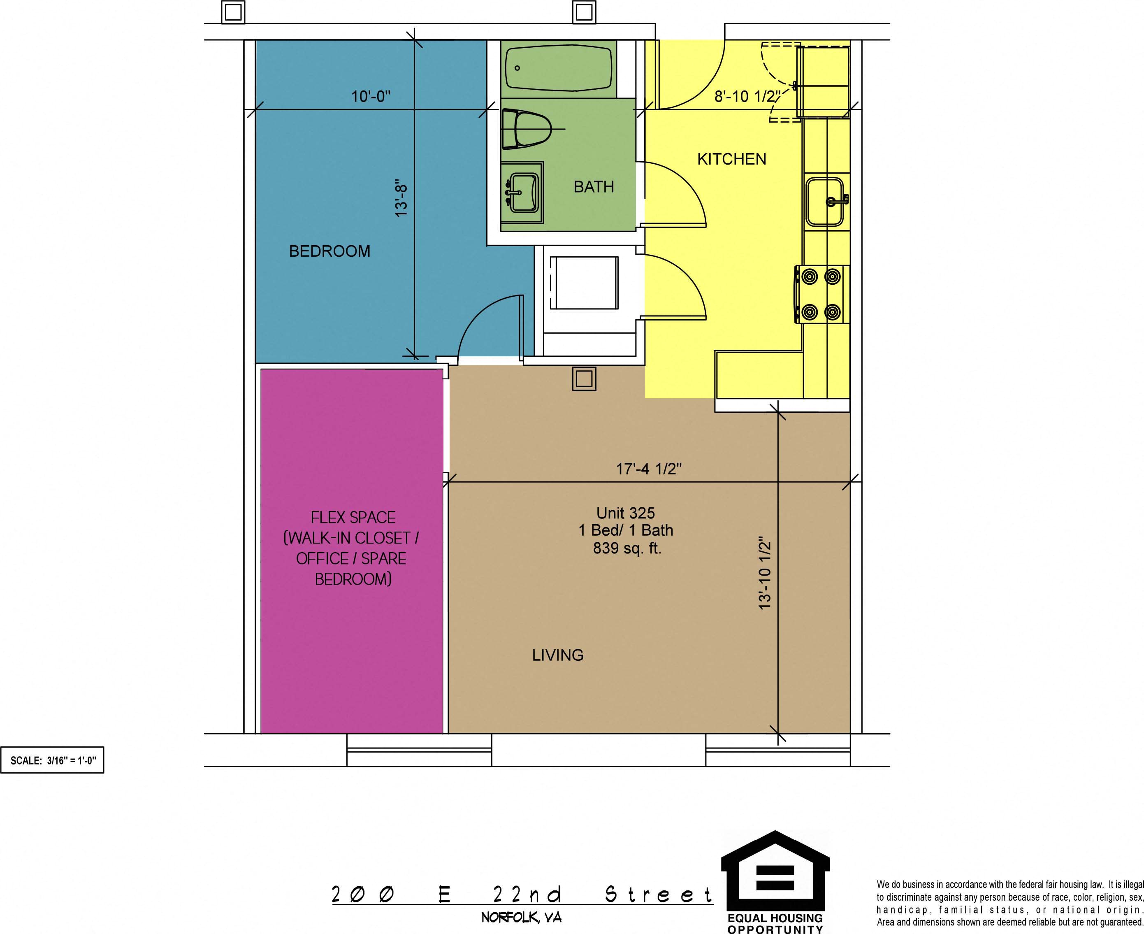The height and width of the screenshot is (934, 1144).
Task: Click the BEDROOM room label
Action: coord(330,251)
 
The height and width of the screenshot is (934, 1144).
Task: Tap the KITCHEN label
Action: coord(731,159)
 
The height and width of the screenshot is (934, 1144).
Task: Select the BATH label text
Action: coord(594,187)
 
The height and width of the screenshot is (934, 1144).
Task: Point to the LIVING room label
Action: coord(558,655)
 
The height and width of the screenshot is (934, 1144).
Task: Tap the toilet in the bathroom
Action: coord(527,129)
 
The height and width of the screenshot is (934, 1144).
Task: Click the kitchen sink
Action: coord(825,201)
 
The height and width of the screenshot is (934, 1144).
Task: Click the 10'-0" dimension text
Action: coord(371,97)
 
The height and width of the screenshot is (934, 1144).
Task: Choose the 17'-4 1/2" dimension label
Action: coord(649,469)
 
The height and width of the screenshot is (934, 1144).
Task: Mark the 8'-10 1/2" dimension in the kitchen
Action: coord(747,97)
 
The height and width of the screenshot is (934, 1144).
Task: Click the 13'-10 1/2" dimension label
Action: coord(765,573)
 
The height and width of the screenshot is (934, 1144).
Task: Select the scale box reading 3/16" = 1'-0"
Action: coord(52,760)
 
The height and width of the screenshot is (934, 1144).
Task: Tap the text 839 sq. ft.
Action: coord(627,548)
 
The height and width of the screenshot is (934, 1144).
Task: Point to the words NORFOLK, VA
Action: coord(522,917)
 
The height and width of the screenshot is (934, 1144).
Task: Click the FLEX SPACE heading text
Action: coord(353,518)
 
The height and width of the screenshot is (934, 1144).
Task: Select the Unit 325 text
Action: coord(626,513)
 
